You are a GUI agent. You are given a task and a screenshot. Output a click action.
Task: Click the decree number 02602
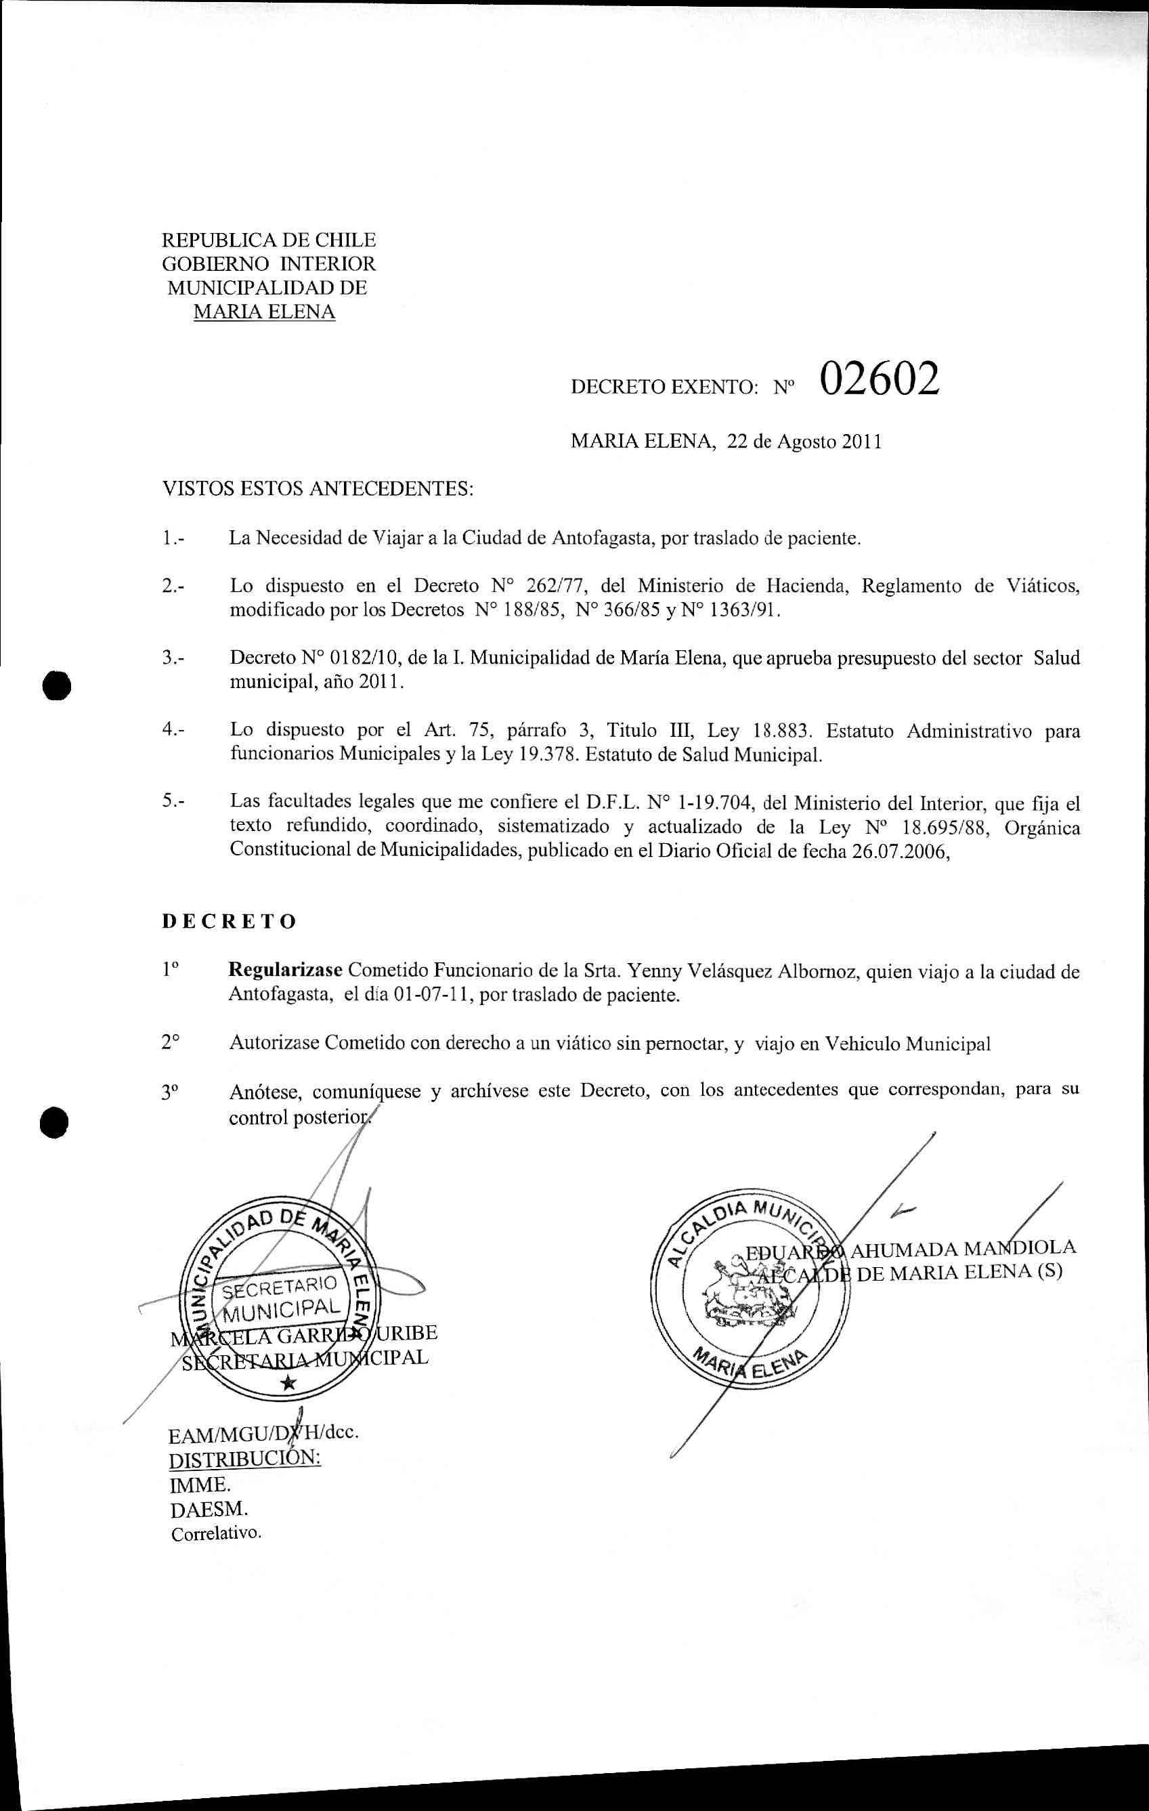(x=879, y=380)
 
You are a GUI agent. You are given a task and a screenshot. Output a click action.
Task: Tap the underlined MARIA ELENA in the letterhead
(x=264, y=312)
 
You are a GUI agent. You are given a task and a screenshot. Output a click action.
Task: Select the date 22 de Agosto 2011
(x=804, y=442)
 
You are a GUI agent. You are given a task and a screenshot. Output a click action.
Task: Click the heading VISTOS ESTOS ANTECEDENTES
(x=318, y=489)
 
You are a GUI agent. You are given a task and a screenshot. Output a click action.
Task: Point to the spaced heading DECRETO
(x=230, y=922)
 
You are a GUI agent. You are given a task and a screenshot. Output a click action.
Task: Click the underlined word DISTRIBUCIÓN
(x=244, y=1459)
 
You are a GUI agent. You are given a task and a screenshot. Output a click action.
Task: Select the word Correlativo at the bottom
(x=216, y=1533)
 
